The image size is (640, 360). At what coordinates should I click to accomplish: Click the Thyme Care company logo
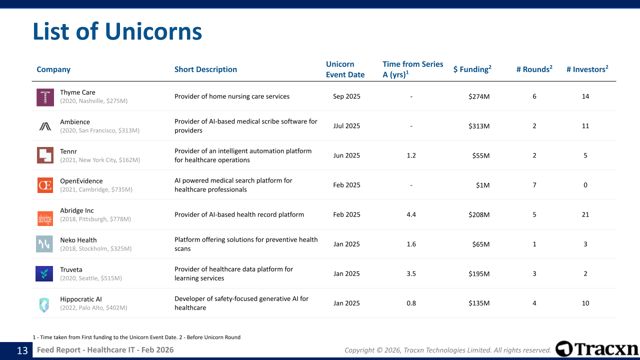point(45,97)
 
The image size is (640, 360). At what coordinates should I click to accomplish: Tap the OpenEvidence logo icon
point(45,185)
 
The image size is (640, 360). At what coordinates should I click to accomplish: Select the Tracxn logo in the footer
point(597,349)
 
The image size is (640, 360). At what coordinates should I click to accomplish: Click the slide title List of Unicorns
point(117,31)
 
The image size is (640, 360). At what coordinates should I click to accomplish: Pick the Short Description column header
point(205,69)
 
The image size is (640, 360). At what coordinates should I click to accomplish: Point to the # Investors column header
point(587,69)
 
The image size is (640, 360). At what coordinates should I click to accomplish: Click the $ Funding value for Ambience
point(479,126)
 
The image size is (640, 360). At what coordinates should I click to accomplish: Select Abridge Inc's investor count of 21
point(585,214)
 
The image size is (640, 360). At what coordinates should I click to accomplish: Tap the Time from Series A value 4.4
point(411,214)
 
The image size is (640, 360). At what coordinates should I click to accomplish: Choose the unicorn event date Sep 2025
point(346,96)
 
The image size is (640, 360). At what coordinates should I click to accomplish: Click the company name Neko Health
point(78,240)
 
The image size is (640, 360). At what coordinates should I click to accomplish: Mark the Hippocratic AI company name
point(81,299)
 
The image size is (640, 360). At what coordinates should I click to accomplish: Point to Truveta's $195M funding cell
point(479,273)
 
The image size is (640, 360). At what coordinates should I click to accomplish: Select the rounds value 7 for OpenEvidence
point(534,185)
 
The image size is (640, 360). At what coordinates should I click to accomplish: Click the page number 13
point(22,350)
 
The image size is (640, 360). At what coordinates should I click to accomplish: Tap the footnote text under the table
point(136,337)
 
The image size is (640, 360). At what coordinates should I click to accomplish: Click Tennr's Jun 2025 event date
point(346,155)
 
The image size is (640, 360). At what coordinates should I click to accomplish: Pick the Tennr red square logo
point(45,155)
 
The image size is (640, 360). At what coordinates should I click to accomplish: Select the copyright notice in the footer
point(447,350)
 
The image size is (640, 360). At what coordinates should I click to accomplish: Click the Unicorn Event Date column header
point(345,69)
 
